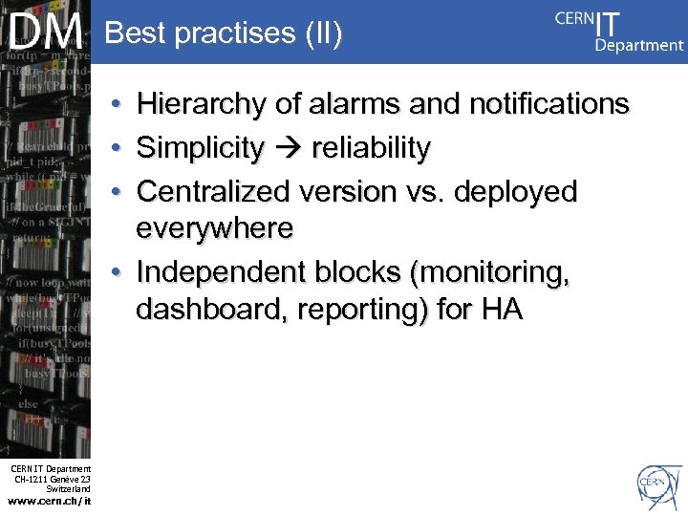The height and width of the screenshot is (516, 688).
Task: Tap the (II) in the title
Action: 324,33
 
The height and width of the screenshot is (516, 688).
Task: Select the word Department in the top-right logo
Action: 638,45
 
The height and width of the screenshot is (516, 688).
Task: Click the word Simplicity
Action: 200,148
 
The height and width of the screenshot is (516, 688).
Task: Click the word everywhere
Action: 214,228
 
